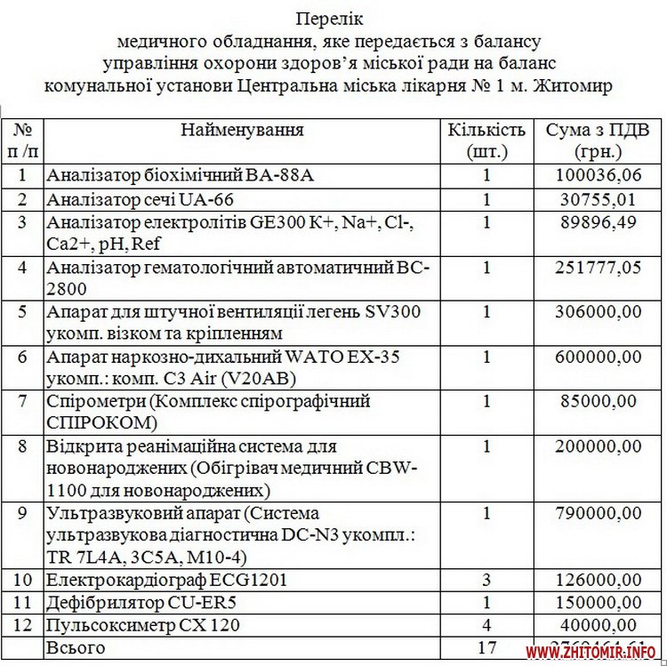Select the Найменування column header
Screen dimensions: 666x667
pos(242,130)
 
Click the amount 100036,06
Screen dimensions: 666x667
pos(598,175)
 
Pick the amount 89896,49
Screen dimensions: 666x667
pos(598,222)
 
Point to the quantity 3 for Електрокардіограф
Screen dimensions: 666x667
pos(486,581)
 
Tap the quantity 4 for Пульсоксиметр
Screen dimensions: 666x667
pos(486,626)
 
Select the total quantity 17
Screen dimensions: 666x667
pos(486,648)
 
